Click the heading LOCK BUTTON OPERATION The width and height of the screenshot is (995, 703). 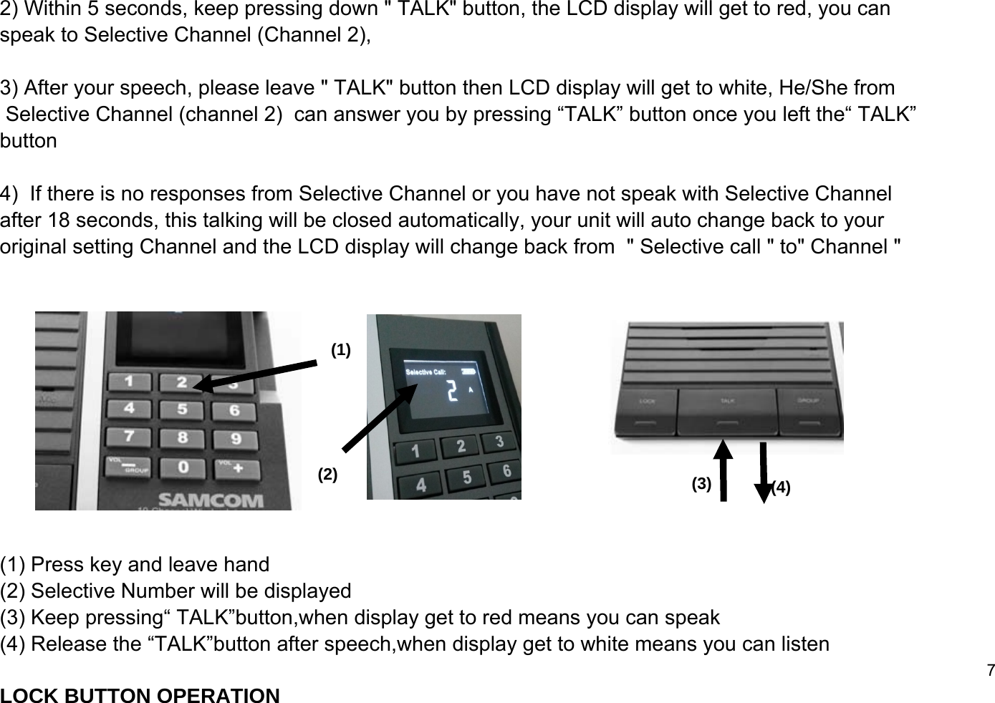click(140, 695)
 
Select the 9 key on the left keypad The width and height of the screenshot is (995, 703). click(235, 437)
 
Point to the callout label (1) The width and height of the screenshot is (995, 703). click(341, 350)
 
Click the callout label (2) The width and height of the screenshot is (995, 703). click(327, 474)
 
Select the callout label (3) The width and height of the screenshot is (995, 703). click(701, 484)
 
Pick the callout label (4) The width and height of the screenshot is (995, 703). click(781, 488)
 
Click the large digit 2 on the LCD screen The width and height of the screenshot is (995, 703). click(451, 392)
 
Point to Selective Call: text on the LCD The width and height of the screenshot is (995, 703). click(426, 372)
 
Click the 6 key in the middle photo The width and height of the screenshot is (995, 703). click(506, 470)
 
